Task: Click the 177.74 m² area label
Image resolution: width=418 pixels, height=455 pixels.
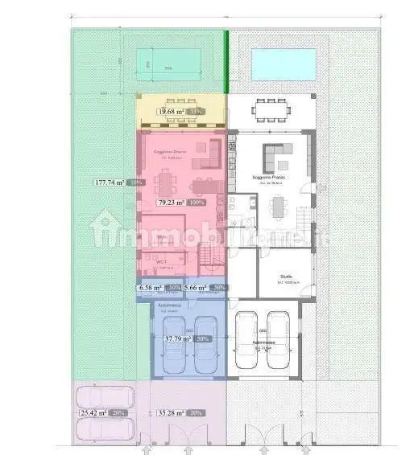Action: tap(108, 182)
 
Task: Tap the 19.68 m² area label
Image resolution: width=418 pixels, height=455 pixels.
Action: tap(171, 112)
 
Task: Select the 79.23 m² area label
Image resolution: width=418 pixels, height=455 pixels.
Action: tap(172, 203)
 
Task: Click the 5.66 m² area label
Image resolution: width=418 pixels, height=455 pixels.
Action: tap(196, 287)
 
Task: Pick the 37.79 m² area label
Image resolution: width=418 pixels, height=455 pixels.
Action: tap(177, 339)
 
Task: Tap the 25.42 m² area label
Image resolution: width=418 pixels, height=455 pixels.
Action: tap(93, 412)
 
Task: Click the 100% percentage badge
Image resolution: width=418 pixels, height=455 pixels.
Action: tap(197, 203)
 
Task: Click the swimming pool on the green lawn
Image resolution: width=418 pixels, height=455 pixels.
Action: tap(168, 63)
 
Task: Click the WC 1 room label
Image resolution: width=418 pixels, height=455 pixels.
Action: tap(161, 261)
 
